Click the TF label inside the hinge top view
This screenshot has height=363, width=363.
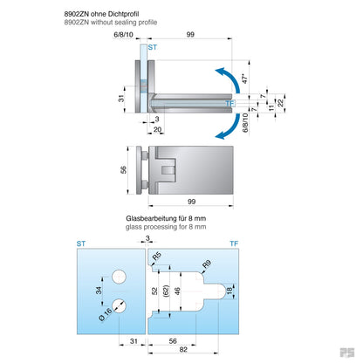230,104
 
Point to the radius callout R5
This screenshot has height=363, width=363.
156,257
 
